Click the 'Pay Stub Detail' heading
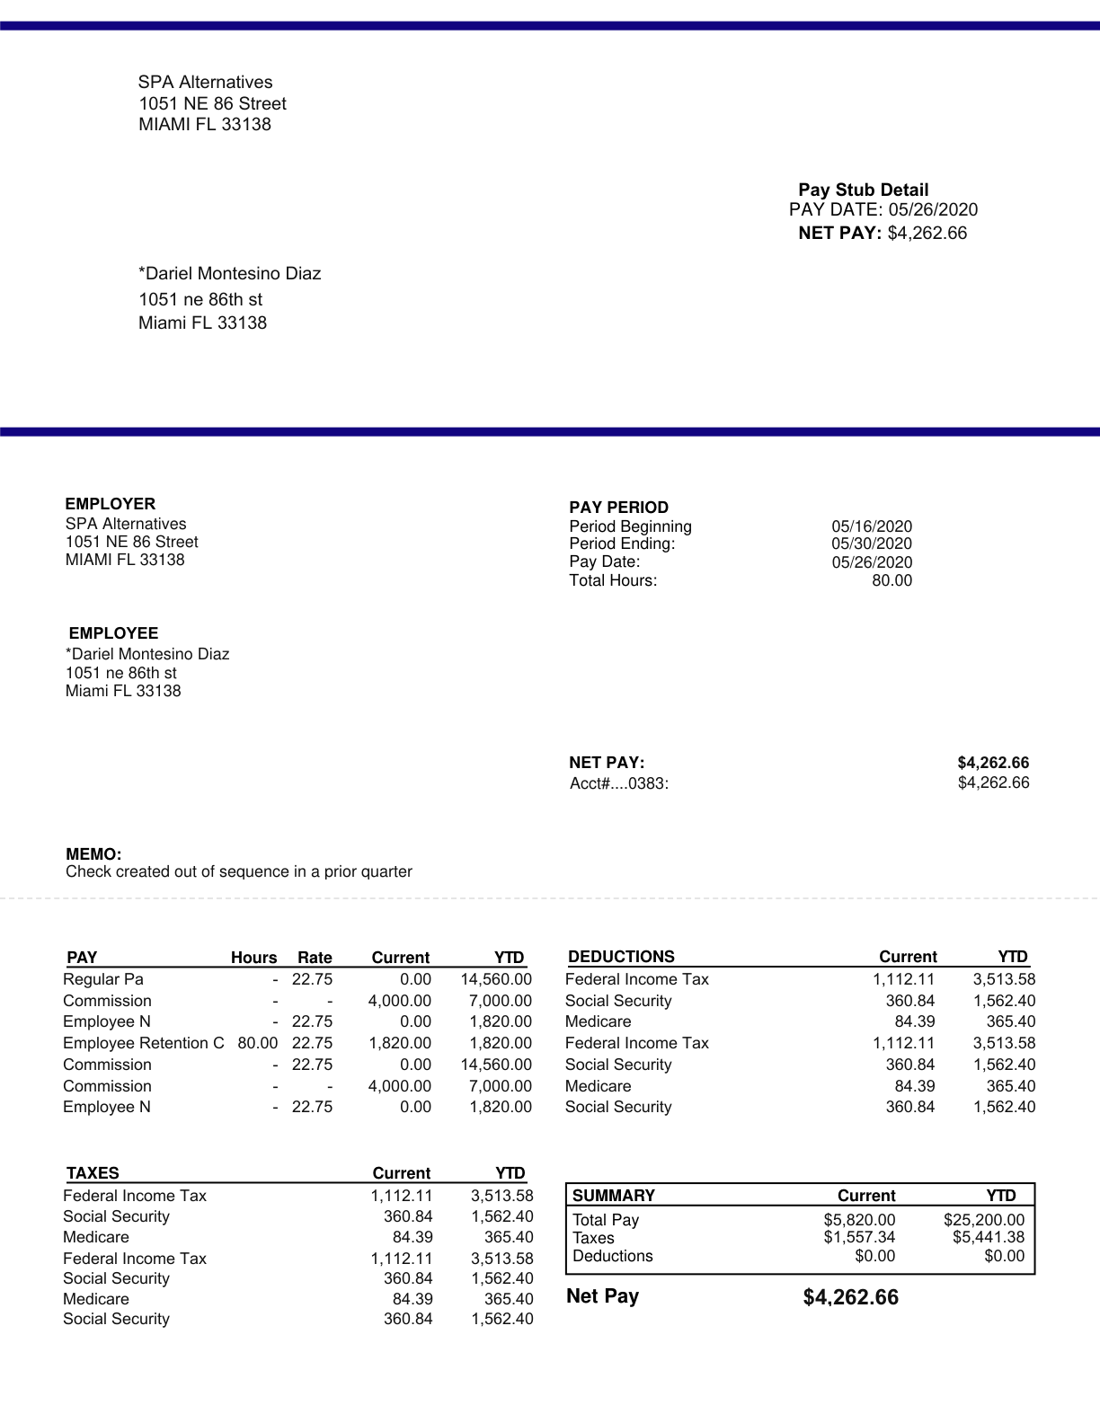pos(863,190)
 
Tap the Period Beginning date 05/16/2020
pos(871,526)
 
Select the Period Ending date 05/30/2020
pos(871,544)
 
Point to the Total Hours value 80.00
pos(892,580)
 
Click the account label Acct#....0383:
pos(618,783)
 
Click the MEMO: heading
pos(93,854)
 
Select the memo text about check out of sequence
pos(238,871)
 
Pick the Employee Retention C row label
pos(143,1043)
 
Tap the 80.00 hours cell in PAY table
pos(257,1043)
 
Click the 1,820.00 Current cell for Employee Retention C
pos(400,1043)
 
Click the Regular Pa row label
pos(102,979)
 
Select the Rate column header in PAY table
pos(315,958)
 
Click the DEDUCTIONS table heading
pos(621,957)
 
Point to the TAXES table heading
pos(93,1173)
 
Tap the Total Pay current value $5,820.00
pos(859,1220)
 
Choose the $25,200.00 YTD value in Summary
pos(983,1220)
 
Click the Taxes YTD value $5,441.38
pos(988,1238)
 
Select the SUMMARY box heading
pos(613,1196)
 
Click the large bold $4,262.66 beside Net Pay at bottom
pos(850,1297)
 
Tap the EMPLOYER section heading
pos(110,504)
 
